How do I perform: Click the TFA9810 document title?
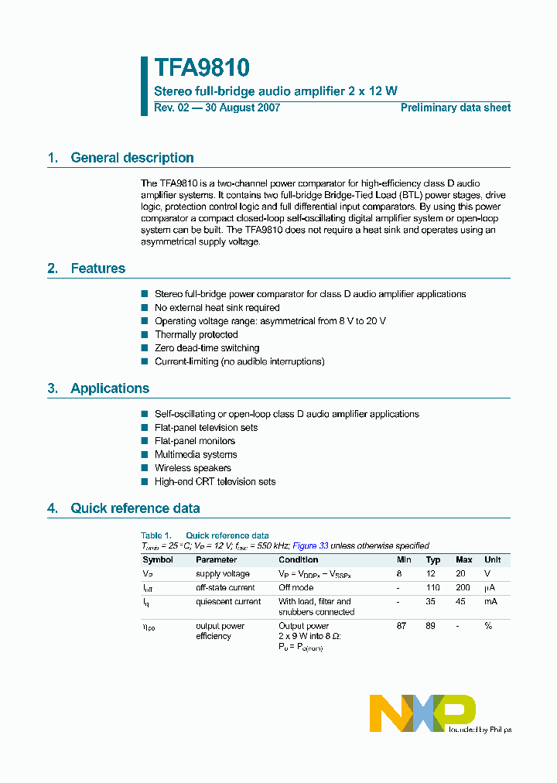pyautogui.click(x=201, y=68)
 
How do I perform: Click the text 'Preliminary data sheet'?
pyautogui.click(x=455, y=108)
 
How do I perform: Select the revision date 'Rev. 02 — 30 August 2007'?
pyautogui.click(x=217, y=108)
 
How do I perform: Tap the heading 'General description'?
pyautogui.click(x=132, y=158)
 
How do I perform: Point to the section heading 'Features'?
pyautogui.click(x=97, y=268)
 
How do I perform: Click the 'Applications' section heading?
pyautogui.click(x=110, y=388)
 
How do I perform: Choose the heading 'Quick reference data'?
pyautogui.click(x=135, y=508)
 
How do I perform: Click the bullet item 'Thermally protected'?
pyautogui.click(x=196, y=335)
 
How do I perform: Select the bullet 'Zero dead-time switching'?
pyautogui.click(x=207, y=348)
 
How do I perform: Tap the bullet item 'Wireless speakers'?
pyautogui.click(x=193, y=468)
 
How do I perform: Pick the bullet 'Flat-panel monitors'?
pyautogui.click(x=195, y=441)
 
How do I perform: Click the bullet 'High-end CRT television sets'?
pyautogui.click(x=215, y=481)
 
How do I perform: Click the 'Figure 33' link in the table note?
pyautogui.click(x=310, y=545)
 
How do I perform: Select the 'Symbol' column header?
pyautogui.click(x=157, y=559)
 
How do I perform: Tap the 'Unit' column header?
pyautogui.click(x=492, y=559)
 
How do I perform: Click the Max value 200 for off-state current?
pyautogui.click(x=463, y=588)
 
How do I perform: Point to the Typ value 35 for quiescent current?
pyautogui.click(x=433, y=601)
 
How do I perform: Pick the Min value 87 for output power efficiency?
pyautogui.click(x=402, y=626)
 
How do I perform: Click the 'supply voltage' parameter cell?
pyautogui.click(x=222, y=574)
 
